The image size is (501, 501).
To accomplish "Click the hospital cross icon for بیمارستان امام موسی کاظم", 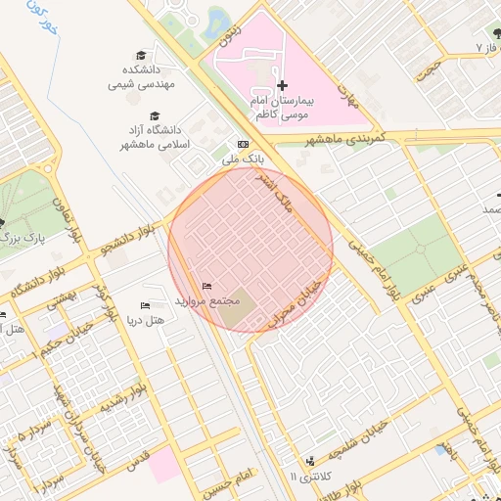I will (x=282, y=86).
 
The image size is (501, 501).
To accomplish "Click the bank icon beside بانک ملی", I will (x=244, y=144).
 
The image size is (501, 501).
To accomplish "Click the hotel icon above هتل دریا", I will (x=147, y=305).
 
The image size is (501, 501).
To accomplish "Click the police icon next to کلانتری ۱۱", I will (x=311, y=461).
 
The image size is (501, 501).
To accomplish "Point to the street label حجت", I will (x=427, y=67).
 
